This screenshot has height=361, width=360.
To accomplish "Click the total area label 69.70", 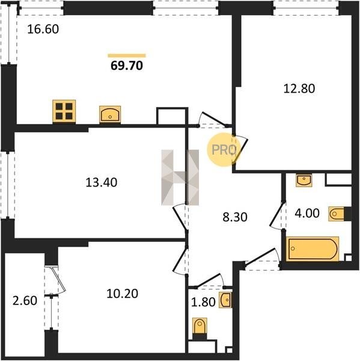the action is pyautogui.click(x=127, y=66).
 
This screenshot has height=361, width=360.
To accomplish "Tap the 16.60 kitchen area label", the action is pyautogui.click(x=43, y=29).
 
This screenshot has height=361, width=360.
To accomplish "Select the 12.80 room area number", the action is pyautogui.click(x=299, y=88).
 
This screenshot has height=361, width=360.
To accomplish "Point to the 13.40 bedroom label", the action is pyautogui.click(x=102, y=182).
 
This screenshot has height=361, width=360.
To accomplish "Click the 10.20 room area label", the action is pyautogui.click(x=123, y=294).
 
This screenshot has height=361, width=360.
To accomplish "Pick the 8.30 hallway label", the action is pyautogui.click(x=235, y=217).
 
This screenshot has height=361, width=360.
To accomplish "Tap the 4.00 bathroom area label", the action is pyautogui.click(x=307, y=213).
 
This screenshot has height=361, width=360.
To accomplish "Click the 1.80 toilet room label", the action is pyautogui.click(x=203, y=302).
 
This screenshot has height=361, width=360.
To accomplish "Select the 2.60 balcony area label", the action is pyautogui.click(x=25, y=301).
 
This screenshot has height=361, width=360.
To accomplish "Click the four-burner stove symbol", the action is pyautogui.click(x=64, y=111).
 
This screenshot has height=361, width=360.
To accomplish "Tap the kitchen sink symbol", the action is pyautogui.click(x=110, y=114).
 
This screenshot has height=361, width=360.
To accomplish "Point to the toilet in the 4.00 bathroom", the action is pyautogui.click(x=338, y=214).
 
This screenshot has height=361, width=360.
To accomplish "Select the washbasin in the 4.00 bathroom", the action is pyautogui.click(x=304, y=180).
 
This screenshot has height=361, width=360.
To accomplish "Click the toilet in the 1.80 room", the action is pyautogui.click(x=200, y=327).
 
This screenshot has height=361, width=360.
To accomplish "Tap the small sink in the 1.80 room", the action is pyautogui.click(x=225, y=300).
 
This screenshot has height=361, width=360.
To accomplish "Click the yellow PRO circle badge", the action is pyautogui.click(x=223, y=150).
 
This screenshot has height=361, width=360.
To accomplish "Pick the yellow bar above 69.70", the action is pyautogui.click(x=127, y=55).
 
